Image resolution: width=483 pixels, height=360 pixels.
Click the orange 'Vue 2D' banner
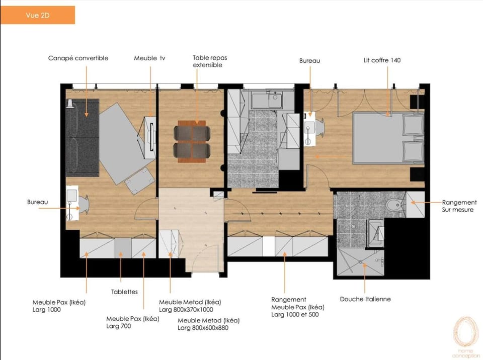pos(38,15)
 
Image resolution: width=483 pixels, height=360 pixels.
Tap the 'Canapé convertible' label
pos(78,58)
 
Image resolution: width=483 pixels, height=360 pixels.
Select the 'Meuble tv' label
pos(149,58)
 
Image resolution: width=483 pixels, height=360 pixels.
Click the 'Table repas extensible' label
pos(210,61)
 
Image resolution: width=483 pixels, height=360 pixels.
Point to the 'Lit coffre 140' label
pos(382,60)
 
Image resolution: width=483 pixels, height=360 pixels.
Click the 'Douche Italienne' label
pos(365,299)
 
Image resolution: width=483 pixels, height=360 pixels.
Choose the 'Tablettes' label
pos(124,292)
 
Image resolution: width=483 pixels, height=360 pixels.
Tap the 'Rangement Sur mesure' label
pos(459,206)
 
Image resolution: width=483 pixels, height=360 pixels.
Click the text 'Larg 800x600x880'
pos(203,328)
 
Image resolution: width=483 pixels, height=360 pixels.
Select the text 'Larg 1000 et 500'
pos(295,314)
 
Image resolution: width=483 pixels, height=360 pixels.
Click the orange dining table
pos(192,141)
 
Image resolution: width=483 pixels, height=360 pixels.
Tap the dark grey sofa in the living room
pos(82,138)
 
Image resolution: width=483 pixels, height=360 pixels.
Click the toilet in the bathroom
pos(394,205)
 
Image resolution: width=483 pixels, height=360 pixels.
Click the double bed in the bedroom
pos(388,138)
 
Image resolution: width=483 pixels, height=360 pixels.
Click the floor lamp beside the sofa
pos(70,104)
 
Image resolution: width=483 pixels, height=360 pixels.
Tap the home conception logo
pos(466,337)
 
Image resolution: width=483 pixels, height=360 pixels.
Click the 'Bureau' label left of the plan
pos(37,202)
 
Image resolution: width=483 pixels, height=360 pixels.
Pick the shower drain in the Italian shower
pos(360,262)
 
